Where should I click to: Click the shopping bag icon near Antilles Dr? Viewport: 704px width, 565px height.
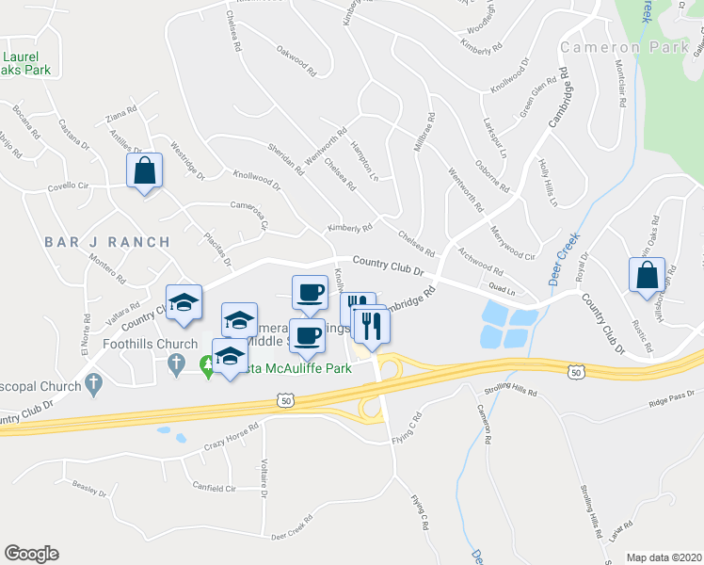click(x=144, y=171)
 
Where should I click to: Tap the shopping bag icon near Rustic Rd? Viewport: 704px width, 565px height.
click(x=647, y=276)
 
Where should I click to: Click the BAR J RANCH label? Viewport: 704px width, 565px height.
click(x=107, y=242)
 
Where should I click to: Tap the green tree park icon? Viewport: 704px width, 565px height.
click(x=207, y=363)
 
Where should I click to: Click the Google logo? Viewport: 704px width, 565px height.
click(x=31, y=554)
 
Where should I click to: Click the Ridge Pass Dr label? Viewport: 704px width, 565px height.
click(x=670, y=403)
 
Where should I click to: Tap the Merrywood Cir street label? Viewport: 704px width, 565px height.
click(x=512, y=242)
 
